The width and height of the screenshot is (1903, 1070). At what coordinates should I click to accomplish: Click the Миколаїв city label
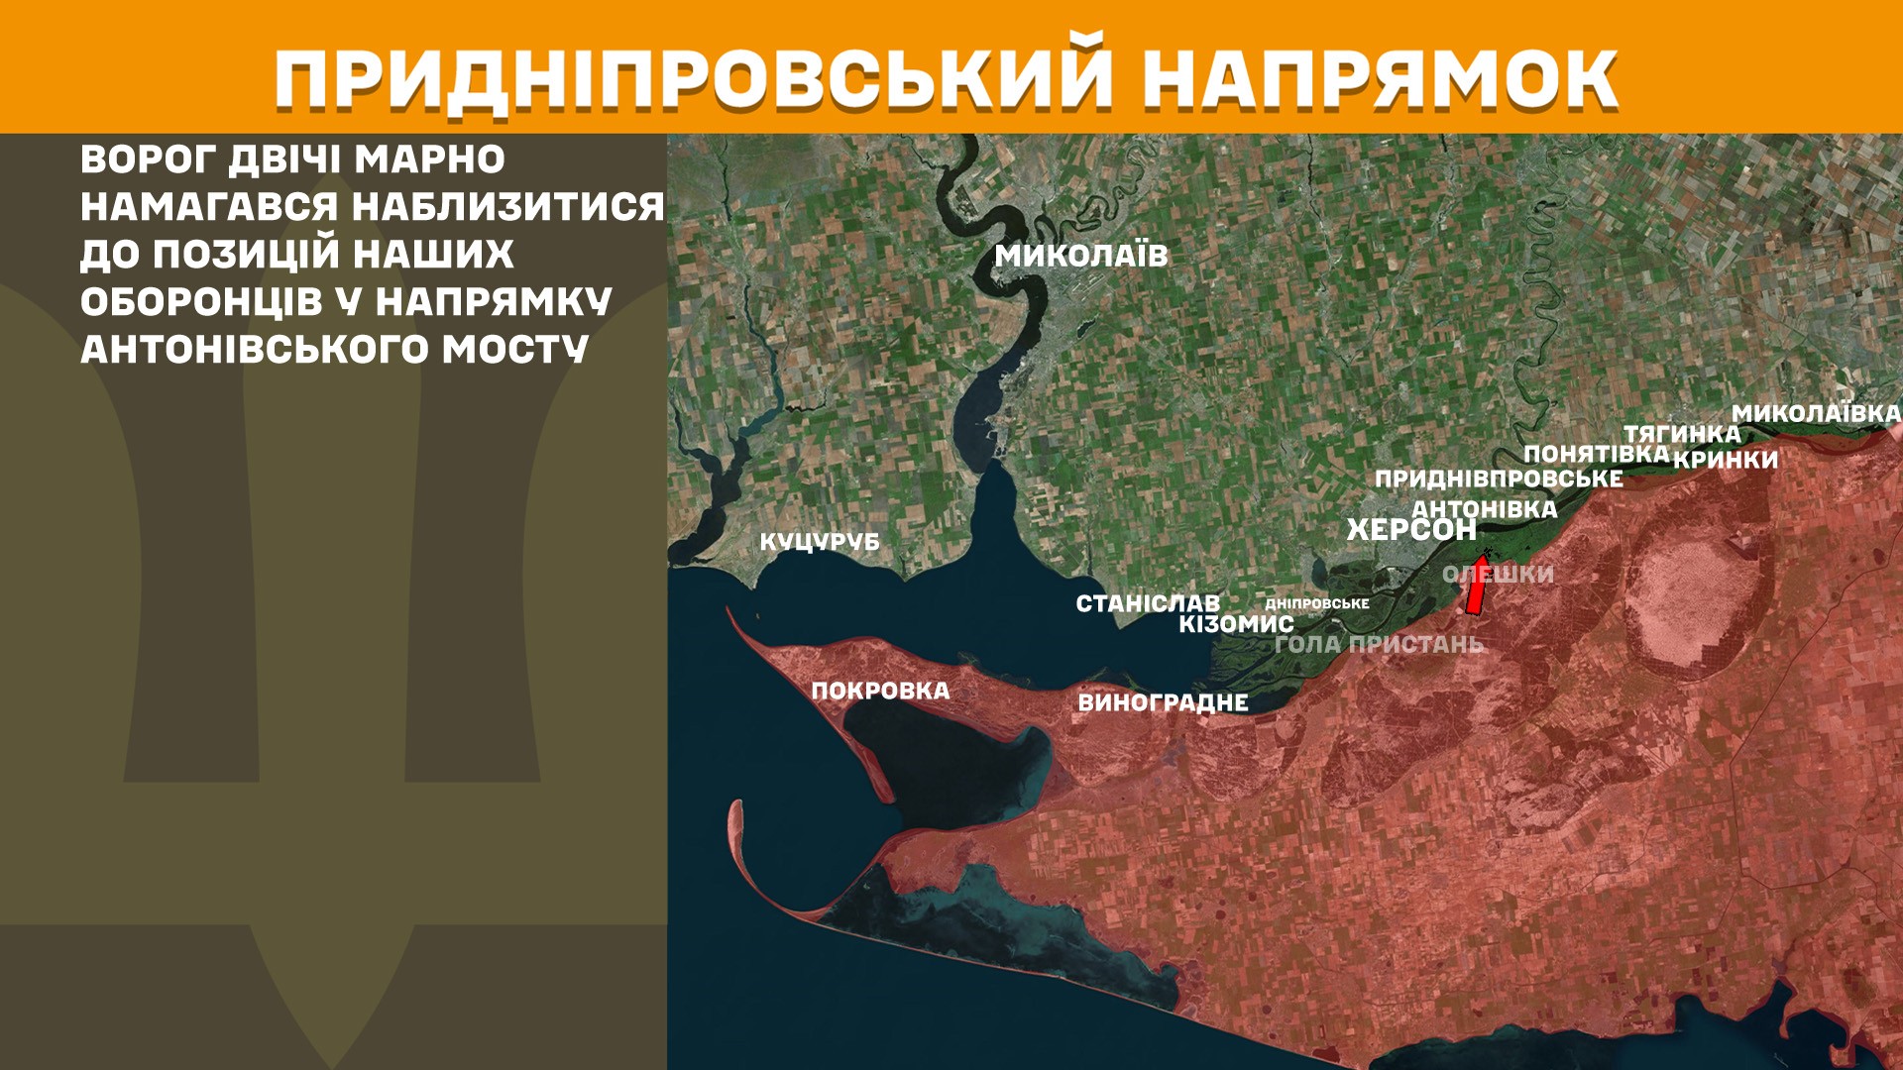(1081, 256)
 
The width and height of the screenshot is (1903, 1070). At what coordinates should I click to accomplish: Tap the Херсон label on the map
(1411, 530)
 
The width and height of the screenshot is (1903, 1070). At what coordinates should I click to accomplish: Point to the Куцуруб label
(820, 542)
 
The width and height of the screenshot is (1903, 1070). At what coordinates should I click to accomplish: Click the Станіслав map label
(1148, 603)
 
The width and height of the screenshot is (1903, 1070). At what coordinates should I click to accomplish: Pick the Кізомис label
(1236, 624)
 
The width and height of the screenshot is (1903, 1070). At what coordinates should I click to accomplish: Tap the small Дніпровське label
(1317, 603)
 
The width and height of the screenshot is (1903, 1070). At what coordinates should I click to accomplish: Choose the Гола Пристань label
(1379, 644)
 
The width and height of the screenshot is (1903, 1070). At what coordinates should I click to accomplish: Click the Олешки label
(1499, 574)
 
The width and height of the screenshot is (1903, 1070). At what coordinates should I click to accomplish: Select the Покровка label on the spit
(880, 691)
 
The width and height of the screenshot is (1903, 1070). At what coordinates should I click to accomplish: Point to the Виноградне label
(1163, 702)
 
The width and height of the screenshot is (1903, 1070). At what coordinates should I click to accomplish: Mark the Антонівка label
(1485, 509)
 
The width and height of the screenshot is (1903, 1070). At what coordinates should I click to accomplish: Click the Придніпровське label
(1499, 479)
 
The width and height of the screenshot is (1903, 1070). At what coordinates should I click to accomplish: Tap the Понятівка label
(1596, 454)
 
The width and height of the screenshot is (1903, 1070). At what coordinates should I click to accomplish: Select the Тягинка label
(1682, 434)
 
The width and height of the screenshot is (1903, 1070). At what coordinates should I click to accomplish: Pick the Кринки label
(1726, 460)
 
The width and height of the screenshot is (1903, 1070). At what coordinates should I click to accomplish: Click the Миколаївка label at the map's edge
(1816, 413)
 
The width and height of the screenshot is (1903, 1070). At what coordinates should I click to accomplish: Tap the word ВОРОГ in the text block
(148, 160)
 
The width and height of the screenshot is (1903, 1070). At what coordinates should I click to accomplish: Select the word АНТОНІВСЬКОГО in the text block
(255, 349)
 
